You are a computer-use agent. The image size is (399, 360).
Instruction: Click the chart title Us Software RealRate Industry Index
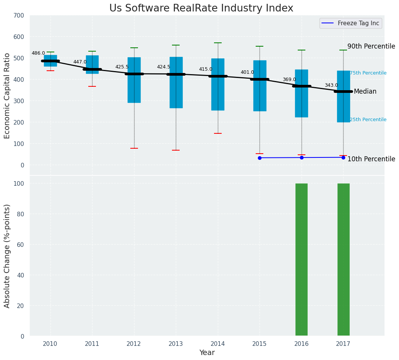tap(201, 8)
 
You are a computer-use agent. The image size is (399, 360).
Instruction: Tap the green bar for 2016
tap(302, 260)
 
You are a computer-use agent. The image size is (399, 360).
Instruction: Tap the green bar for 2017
tap(343, 260)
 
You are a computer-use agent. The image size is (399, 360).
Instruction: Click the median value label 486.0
tap(38, 54)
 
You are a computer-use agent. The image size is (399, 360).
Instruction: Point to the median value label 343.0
tap(331, 86)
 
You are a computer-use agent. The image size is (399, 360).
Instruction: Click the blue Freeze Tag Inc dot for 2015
tap(260, 158)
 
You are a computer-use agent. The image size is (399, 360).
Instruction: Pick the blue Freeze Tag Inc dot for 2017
tap(343, 157)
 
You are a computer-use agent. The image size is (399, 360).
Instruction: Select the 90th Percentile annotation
tap(371, 47)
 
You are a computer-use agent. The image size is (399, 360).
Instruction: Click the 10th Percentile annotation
tap(371, 159)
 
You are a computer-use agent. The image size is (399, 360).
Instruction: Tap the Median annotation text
tap(365, 92)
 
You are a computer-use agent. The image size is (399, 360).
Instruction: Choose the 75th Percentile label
tap(368, 73)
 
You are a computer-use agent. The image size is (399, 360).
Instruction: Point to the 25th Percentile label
tap(368, 120)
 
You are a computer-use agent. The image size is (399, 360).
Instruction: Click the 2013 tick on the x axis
tap(176, 344)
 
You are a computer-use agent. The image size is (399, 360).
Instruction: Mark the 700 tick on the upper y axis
tap(19, 16)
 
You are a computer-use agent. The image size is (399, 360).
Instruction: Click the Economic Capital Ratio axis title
tap(7, 96)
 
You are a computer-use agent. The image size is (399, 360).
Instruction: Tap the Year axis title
tap(207, 353)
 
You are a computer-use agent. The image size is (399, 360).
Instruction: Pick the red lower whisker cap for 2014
tap(218, 133)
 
